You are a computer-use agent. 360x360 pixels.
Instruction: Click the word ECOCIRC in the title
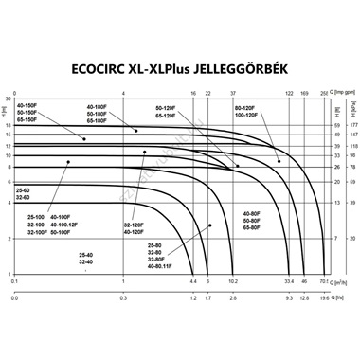pyautogui.click(x=132, y=68)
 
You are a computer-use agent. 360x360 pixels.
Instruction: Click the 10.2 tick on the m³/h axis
pyautogui.click(x=234, y=281)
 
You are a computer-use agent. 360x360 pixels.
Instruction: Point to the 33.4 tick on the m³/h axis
pyautogui.click(x=289, y=281)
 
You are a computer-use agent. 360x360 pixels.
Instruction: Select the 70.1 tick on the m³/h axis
pyautogui.click(x=323, y=281)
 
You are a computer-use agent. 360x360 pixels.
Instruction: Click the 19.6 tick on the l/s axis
pyautogui.click(x=323, y=298)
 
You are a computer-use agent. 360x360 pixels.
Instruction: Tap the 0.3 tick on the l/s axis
pyautogui.click(x=125, y=298)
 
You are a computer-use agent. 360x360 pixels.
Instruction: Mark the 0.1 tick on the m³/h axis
pyautogui.click(x=14, y=281)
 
